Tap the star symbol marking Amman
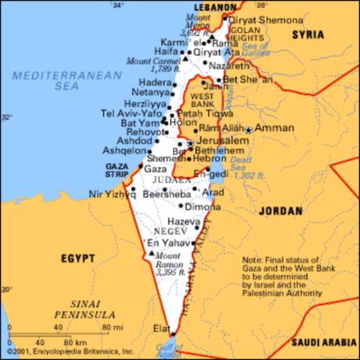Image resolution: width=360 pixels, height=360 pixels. pos(249,128)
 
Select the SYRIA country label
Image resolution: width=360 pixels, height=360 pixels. pos(308,35)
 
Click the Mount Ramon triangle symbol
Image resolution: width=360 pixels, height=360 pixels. pos(151,253)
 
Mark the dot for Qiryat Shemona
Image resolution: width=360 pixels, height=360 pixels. pos(225,18)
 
